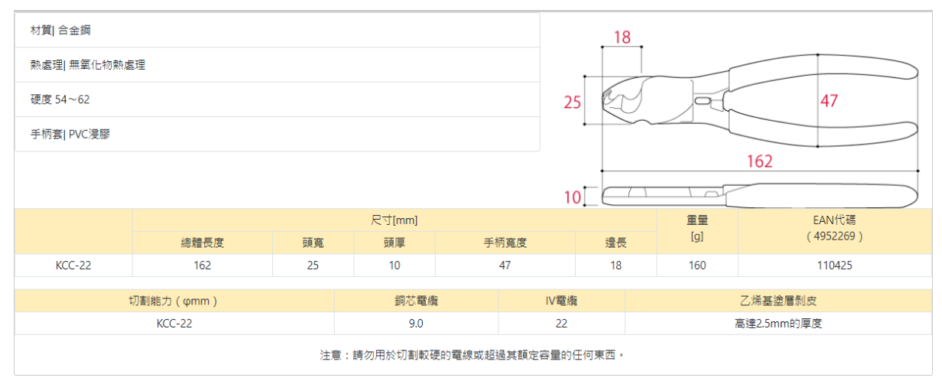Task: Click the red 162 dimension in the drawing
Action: point(759,161)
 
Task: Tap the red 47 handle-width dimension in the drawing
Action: point(829,101)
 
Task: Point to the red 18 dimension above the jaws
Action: point(622,37)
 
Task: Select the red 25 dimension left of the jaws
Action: point(573,102)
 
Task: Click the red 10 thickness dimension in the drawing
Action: point(573,197)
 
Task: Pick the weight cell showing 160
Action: point(697,265)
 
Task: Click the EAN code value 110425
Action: point(835,265)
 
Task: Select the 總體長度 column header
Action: point(203,243)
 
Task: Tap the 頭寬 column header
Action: point(313,243)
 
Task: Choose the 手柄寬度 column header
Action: point(505,243)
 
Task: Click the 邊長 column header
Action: point(616,243)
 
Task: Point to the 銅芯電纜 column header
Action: point(416,301)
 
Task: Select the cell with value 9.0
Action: point(416,324)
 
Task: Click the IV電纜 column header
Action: point(561,301)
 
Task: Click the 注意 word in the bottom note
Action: point(330,356)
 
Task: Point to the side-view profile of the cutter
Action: point(757,196)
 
